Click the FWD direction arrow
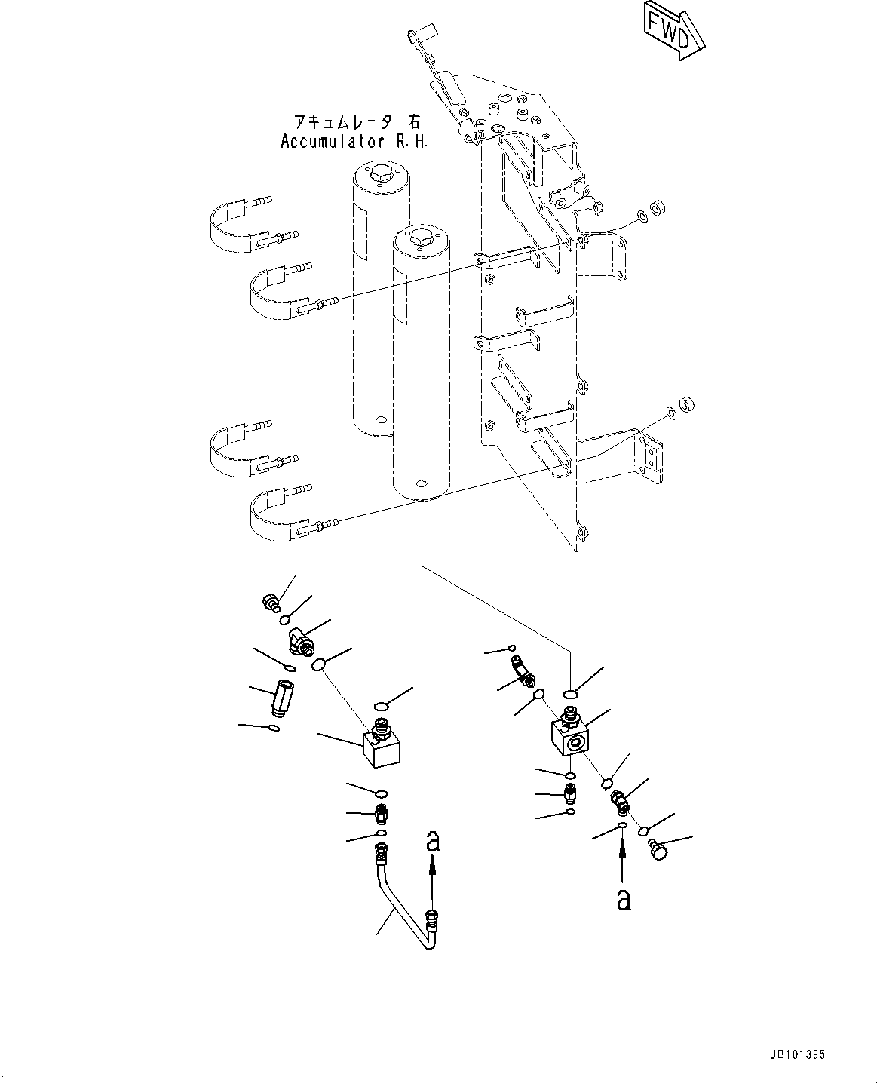coord(673,31)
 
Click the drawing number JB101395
coord(802,1054)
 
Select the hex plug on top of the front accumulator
coord(420,237)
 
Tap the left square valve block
coord(380,747)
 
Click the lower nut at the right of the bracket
coord(687,404)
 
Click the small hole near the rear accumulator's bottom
coord(382,419)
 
